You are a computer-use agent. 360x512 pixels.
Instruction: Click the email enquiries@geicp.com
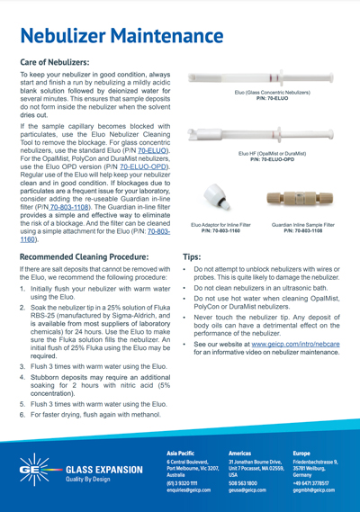point(193,490)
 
